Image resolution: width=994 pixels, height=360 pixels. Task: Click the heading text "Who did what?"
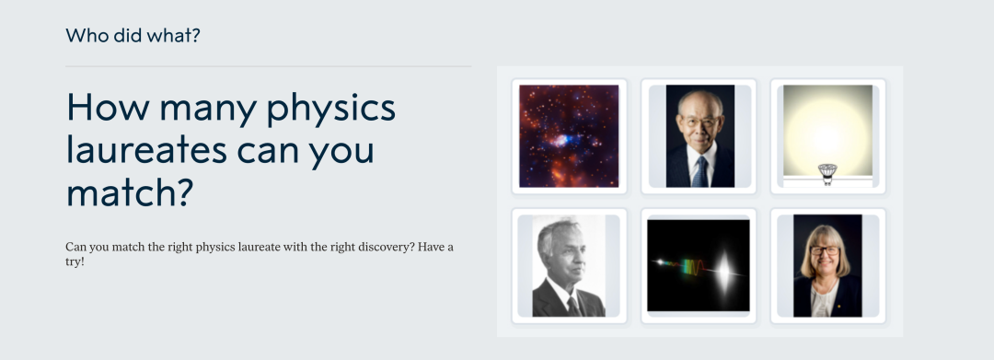pos(133,36)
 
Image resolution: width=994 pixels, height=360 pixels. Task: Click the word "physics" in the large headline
pos(331,110)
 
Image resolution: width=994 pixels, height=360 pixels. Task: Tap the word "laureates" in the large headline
pos(146,150)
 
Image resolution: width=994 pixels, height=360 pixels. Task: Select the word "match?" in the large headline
pos(130,192)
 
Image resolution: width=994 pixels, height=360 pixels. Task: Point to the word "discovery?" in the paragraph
pos(386,247)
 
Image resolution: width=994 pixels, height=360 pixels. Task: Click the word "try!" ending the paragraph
pos(75,261)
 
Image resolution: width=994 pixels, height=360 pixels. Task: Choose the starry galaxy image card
pos(569,136)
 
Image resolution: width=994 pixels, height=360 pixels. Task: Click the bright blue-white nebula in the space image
pos(561,140)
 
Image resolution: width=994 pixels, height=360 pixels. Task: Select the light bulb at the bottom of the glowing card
pos(827,173)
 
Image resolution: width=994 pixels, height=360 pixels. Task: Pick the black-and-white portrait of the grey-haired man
pos(569,265)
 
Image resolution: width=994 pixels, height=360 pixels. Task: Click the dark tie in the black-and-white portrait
pos(573,307)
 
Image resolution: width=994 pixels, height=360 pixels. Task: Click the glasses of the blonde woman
pos(825,251)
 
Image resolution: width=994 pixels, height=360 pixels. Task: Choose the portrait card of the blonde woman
pos(828,265)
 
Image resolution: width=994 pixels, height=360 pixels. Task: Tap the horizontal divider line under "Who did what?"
pos(268,66)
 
